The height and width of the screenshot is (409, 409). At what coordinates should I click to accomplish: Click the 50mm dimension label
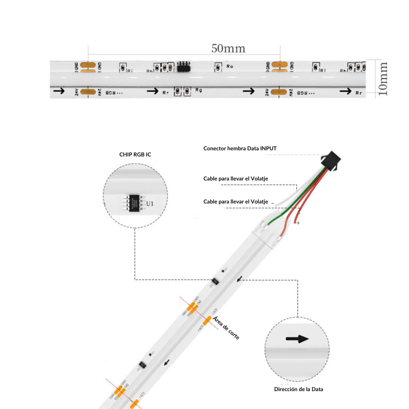pyautogui.click(x=228, y=49)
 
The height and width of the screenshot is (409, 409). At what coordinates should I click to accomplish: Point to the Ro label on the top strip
pyautogui.click(x=230, y=66)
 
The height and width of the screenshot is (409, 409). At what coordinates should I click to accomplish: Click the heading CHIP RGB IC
pyautogui.click(x=135, y=154)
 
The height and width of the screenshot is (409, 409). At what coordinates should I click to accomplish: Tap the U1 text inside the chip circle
pyautogui.click(x=150, y=203)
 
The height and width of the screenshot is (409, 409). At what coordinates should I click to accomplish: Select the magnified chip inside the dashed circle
pyautogui.click(x=134, y=200)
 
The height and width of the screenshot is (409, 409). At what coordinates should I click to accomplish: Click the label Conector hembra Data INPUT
pyautogui.click(x=240, y=148)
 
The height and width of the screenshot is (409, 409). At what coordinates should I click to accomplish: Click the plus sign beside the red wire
pyautogui.click(x=298, y=223)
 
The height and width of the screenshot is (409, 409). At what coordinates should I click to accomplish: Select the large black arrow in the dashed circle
pyautogui.click(x=297, y=339)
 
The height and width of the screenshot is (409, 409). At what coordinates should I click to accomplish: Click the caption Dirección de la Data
pyautogui.click(x=299, y=389)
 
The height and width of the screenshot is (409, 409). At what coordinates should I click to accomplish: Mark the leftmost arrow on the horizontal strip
pyautogui.click(x=59, y=91)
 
